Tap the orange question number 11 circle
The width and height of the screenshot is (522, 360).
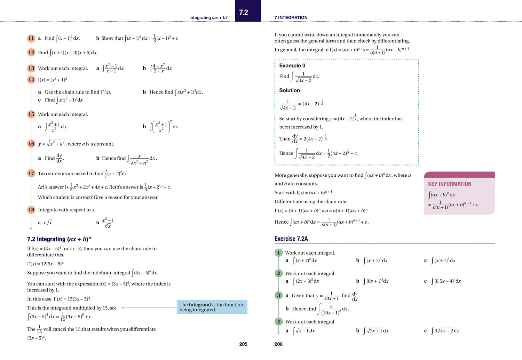coord(31,38)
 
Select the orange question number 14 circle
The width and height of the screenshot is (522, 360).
coord(31,80)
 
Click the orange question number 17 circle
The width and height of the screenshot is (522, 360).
coord(31,174)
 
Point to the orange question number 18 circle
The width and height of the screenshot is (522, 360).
coord(31,210)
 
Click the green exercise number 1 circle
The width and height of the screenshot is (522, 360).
coord(278,253)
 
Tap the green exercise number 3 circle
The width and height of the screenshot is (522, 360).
coord(278,296)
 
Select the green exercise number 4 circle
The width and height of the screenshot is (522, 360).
coord(278,322)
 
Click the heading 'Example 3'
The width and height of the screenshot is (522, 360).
coord(292,66)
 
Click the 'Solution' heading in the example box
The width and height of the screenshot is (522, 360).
coord(289,90)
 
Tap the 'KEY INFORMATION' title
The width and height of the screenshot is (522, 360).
coord(450,184)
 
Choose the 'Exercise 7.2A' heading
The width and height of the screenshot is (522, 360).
coord(291,239)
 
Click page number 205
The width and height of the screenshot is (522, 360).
coord(243,344)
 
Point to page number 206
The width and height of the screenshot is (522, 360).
coord(278,344)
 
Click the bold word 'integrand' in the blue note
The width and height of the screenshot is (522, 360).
coord(200,305)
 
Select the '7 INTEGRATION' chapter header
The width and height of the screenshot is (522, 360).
coord(291,17)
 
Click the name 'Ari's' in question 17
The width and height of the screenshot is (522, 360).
coord(42,187)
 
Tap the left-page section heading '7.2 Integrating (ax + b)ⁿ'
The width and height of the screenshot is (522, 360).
coord(59,239)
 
